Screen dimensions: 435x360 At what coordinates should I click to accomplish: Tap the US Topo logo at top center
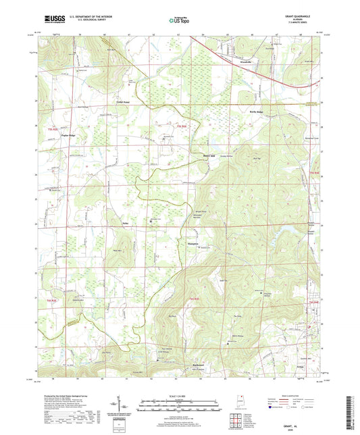pos(180,20)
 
